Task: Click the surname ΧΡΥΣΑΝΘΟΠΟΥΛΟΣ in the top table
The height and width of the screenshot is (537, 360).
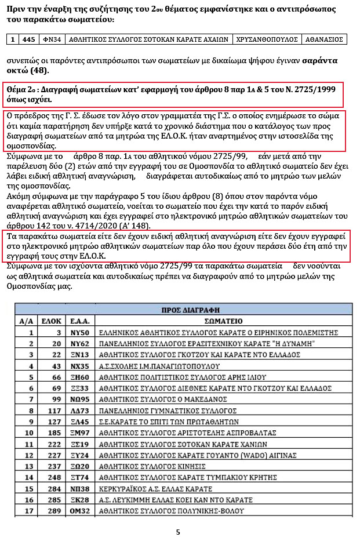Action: (x=268, y=39)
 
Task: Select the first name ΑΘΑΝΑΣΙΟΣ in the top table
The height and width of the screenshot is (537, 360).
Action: (x=324, y=39)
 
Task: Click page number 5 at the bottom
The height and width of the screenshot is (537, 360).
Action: (x=178, y=531)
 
